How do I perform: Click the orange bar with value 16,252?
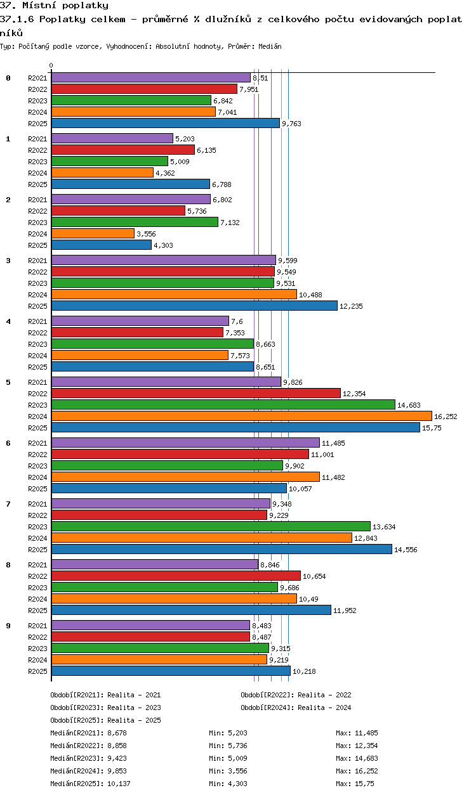coord(241,416)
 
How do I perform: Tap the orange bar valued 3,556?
coord(93,233)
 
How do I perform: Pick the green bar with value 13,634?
coord(211,526)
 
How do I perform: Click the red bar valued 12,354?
coord(195,393)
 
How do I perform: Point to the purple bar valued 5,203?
coord(112,138)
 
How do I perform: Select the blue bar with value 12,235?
coord(194,306)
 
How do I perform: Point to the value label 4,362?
coord(165,173)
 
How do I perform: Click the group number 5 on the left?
coord(8,382)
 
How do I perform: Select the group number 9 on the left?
coord(8,626)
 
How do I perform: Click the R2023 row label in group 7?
coord(38,527)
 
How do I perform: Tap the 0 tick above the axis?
coord(51,65)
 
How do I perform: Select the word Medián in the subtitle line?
coord(270,46)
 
